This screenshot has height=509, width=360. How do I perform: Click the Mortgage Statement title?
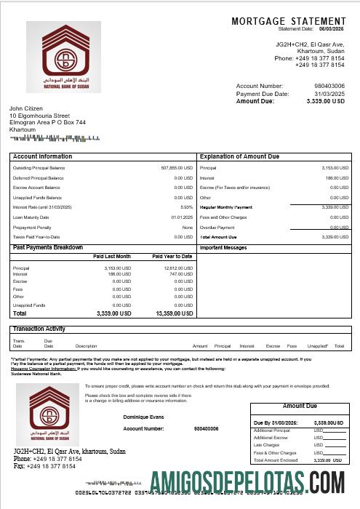pos(289,21)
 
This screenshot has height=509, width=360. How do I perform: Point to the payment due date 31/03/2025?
pos(329,94)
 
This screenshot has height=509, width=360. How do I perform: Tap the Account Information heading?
pos(43,156)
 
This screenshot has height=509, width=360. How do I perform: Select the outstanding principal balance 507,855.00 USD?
pos(177,167)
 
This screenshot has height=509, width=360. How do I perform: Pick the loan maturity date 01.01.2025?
pos(182,217)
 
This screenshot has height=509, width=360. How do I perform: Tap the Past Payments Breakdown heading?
pos(48,247)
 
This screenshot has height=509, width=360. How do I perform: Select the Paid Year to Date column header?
pos(172,257)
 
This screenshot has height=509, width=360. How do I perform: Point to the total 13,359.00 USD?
pos(174,313)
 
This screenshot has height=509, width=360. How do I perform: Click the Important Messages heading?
pos(224,248)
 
